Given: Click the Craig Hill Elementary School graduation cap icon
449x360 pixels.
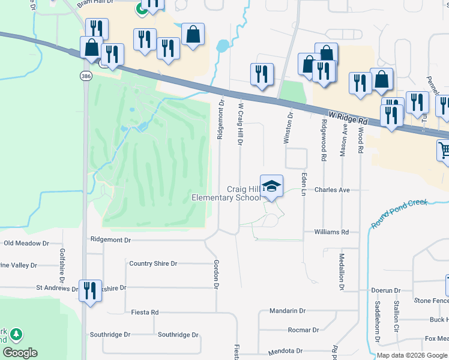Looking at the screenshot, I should [272, 186].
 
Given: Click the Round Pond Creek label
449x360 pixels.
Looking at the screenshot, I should [399, 213].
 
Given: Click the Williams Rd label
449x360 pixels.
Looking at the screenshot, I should [331, 232].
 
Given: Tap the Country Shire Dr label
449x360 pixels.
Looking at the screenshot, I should [153, 263].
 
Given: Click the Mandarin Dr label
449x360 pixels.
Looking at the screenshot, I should [288, 311].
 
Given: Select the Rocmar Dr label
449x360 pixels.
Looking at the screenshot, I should [303, 330].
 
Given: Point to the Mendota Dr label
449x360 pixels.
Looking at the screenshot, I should [285, 350].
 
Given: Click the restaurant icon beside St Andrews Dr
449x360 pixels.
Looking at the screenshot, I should [90, 292].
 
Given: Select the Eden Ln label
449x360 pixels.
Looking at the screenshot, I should [304, 184].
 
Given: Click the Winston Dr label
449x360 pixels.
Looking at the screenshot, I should [287, 127].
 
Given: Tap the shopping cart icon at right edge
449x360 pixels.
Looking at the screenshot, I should [444, 150].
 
